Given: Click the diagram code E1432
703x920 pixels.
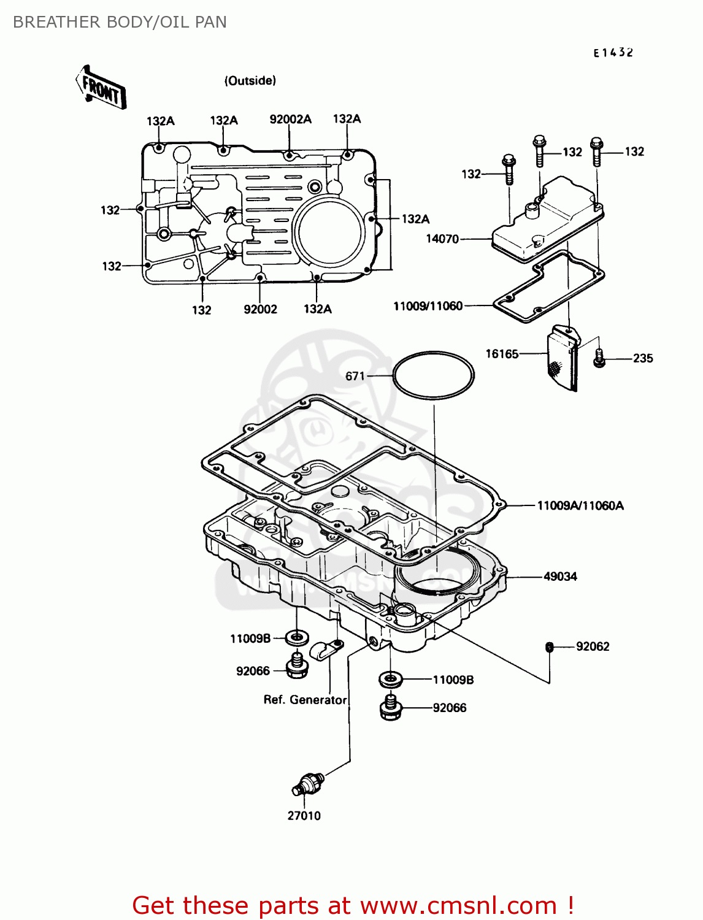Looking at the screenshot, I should point(613,53).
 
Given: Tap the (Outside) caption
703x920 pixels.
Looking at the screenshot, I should point(250,80).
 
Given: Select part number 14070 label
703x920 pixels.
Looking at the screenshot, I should point(442,239).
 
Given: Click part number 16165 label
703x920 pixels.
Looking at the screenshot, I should point(502,354).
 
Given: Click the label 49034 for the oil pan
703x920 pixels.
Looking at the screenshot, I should point(560,577).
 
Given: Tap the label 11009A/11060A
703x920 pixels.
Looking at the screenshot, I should point(580,505).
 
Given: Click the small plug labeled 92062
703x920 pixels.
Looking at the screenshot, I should point(550,646).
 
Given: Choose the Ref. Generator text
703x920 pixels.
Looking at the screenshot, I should point(305,700).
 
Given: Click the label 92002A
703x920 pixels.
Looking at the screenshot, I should point(290,119).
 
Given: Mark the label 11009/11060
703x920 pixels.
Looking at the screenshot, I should point(428,305).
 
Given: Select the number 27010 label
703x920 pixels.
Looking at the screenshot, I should point(304,816).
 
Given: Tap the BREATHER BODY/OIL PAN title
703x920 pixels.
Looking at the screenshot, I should point(120,22).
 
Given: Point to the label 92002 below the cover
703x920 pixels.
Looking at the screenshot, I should point(260,310).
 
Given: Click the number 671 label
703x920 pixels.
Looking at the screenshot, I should point(355,376).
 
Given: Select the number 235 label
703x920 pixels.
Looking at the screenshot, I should point(643,358).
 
